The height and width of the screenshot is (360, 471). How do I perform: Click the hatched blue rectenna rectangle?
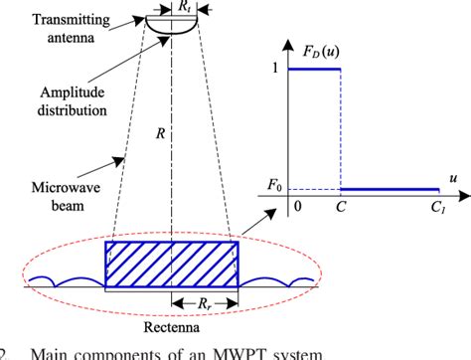[x=172, y=266]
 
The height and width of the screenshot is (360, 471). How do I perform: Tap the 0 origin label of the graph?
[x=296, y=210]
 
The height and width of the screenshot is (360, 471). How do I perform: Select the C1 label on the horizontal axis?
[x=437, y=212]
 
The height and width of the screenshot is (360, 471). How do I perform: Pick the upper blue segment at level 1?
[x=313, y=70]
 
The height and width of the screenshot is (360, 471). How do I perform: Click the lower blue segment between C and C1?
[x=389, y=188]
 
